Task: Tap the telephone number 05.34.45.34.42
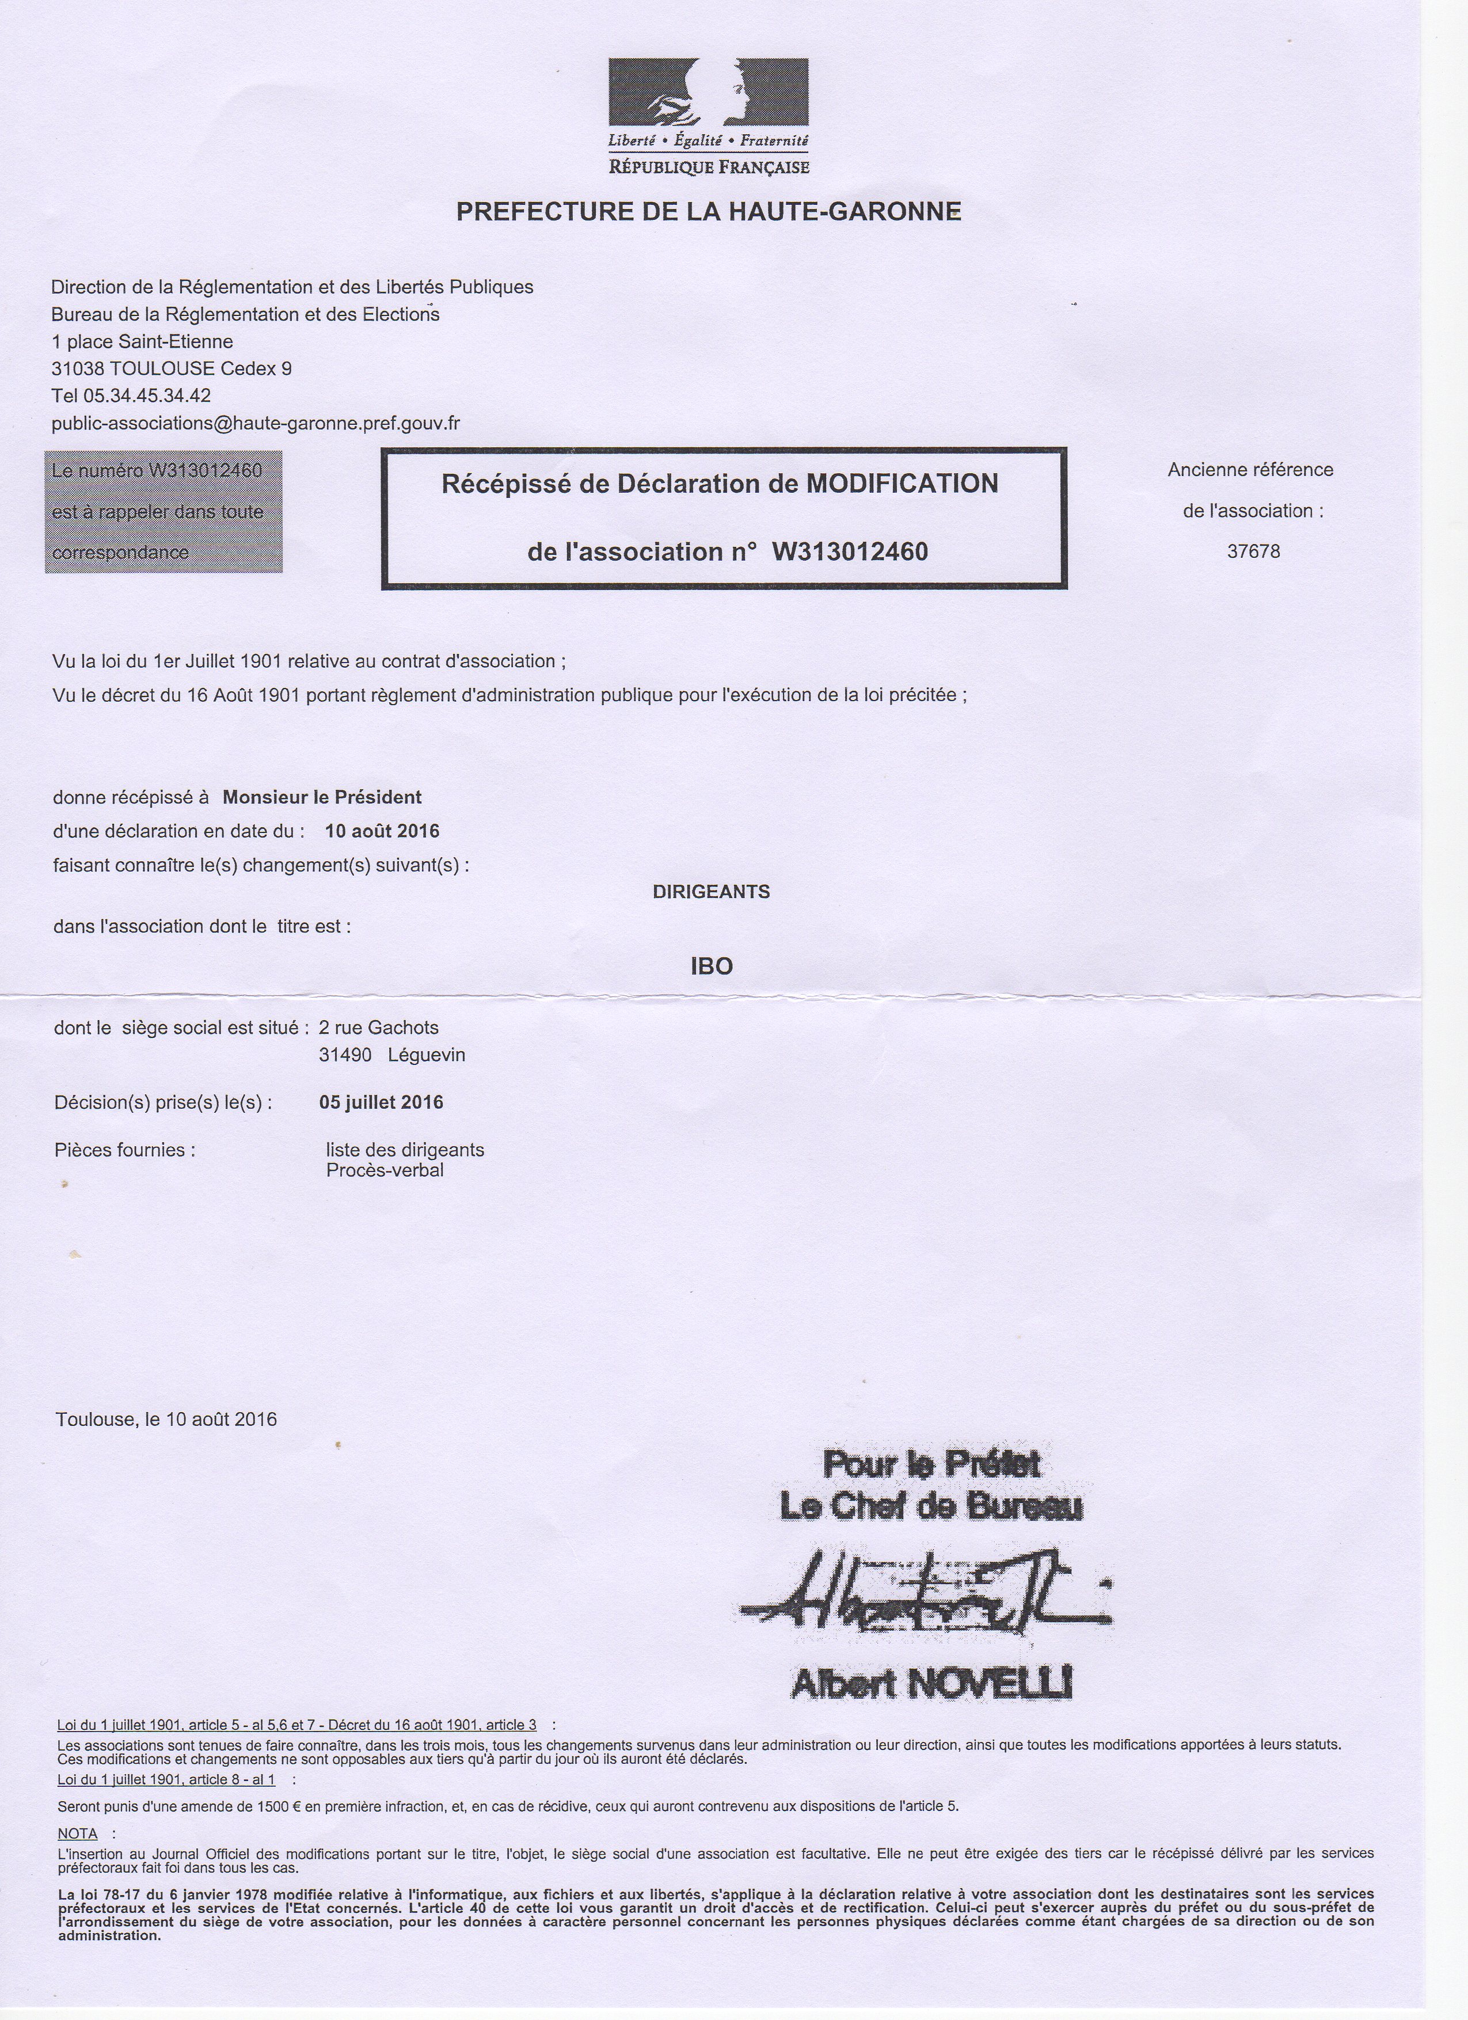pos(147,395)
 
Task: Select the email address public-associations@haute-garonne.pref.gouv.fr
pos(256,423)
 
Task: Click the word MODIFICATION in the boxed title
pos(902,484)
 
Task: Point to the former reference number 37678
pos(1253,551)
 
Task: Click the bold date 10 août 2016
pos(382,831)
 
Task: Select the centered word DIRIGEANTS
pos(711,892)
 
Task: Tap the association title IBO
pos(712,967)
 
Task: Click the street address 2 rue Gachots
pos(379,1028)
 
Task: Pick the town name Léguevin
pos(427,1055)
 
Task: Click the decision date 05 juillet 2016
pos(381,1102)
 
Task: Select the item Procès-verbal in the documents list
pos(385,1170)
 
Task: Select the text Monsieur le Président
pos(322,797)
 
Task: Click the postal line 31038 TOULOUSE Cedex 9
pos(171,369)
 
